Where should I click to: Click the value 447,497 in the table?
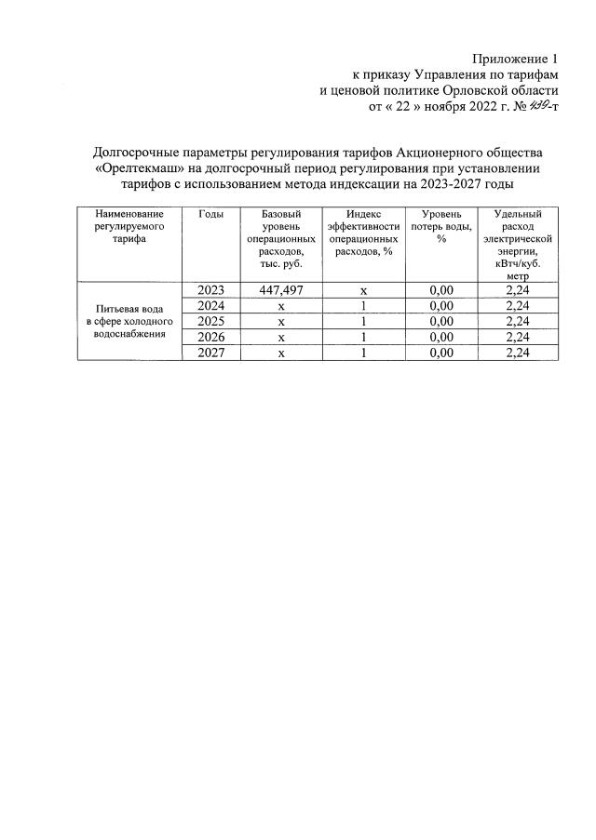pyautogui.click(x=280, y=290)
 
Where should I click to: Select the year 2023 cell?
pyautogui.click(x=211, y=290)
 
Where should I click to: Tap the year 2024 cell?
pyautogui.click(x=211, y=306)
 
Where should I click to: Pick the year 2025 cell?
pyautogui.click(x=211, y=322)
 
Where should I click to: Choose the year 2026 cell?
pyautogui.click(x=211, y=337)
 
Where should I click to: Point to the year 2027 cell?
pyautogui.click(x=211, y=353)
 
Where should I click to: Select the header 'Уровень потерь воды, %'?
pyautogui.click(x=440, y=226)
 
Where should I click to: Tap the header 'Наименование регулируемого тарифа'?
pyautogui.click(x=129, y=226)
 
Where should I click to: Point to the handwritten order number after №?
pyautogui.click(x=537, y=107)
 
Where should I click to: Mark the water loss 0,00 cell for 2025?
pyautogui.click(x=440, y=322)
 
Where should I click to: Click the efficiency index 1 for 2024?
pyautogui.click(x=363, y=306)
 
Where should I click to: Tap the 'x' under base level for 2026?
pyautogui.click(x=280, y=337)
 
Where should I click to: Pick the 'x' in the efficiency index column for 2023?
pyautogui.click(x=363, y=290)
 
